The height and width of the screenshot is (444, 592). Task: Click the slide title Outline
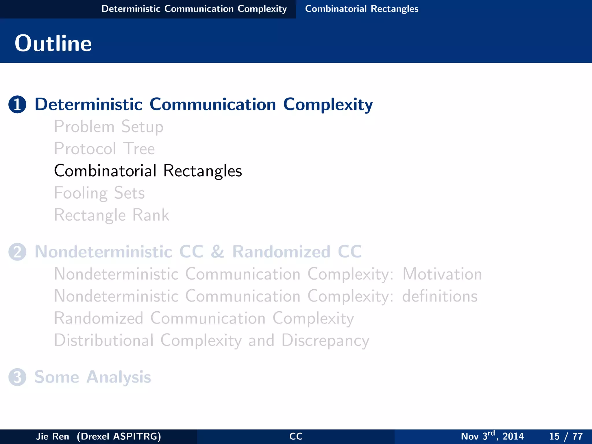click(53, 43)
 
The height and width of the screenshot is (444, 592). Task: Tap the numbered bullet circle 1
click(17, 104)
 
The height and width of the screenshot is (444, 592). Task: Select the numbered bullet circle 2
click(17, 252)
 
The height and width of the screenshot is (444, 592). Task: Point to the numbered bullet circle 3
click(17, 377)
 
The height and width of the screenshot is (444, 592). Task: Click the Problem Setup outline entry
click(109, 127)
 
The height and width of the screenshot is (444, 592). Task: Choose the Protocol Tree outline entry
click(104, 149)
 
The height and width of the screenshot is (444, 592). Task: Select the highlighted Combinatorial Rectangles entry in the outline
click(148, 171)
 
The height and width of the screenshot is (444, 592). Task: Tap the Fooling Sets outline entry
click(99, 193)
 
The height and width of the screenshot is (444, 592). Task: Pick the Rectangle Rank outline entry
click(111, 215)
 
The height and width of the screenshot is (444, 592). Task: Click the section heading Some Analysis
click(92, 377)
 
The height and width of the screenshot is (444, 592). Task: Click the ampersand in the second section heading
click(217, 252)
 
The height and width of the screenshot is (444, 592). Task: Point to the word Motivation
click(442, 274)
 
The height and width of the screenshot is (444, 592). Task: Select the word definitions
click(440, 296)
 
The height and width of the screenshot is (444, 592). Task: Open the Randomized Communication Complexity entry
click(204, 318)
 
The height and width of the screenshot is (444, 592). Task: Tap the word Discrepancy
click(325, 341)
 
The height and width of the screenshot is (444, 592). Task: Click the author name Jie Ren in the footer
click(53, 436)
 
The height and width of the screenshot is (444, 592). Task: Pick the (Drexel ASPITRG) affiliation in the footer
click(119, 436)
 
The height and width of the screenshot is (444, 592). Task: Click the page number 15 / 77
click(566, 436)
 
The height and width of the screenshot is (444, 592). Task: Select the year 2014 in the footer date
click(513, 436)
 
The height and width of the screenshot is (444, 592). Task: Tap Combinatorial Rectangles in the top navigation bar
click(362, 9)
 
